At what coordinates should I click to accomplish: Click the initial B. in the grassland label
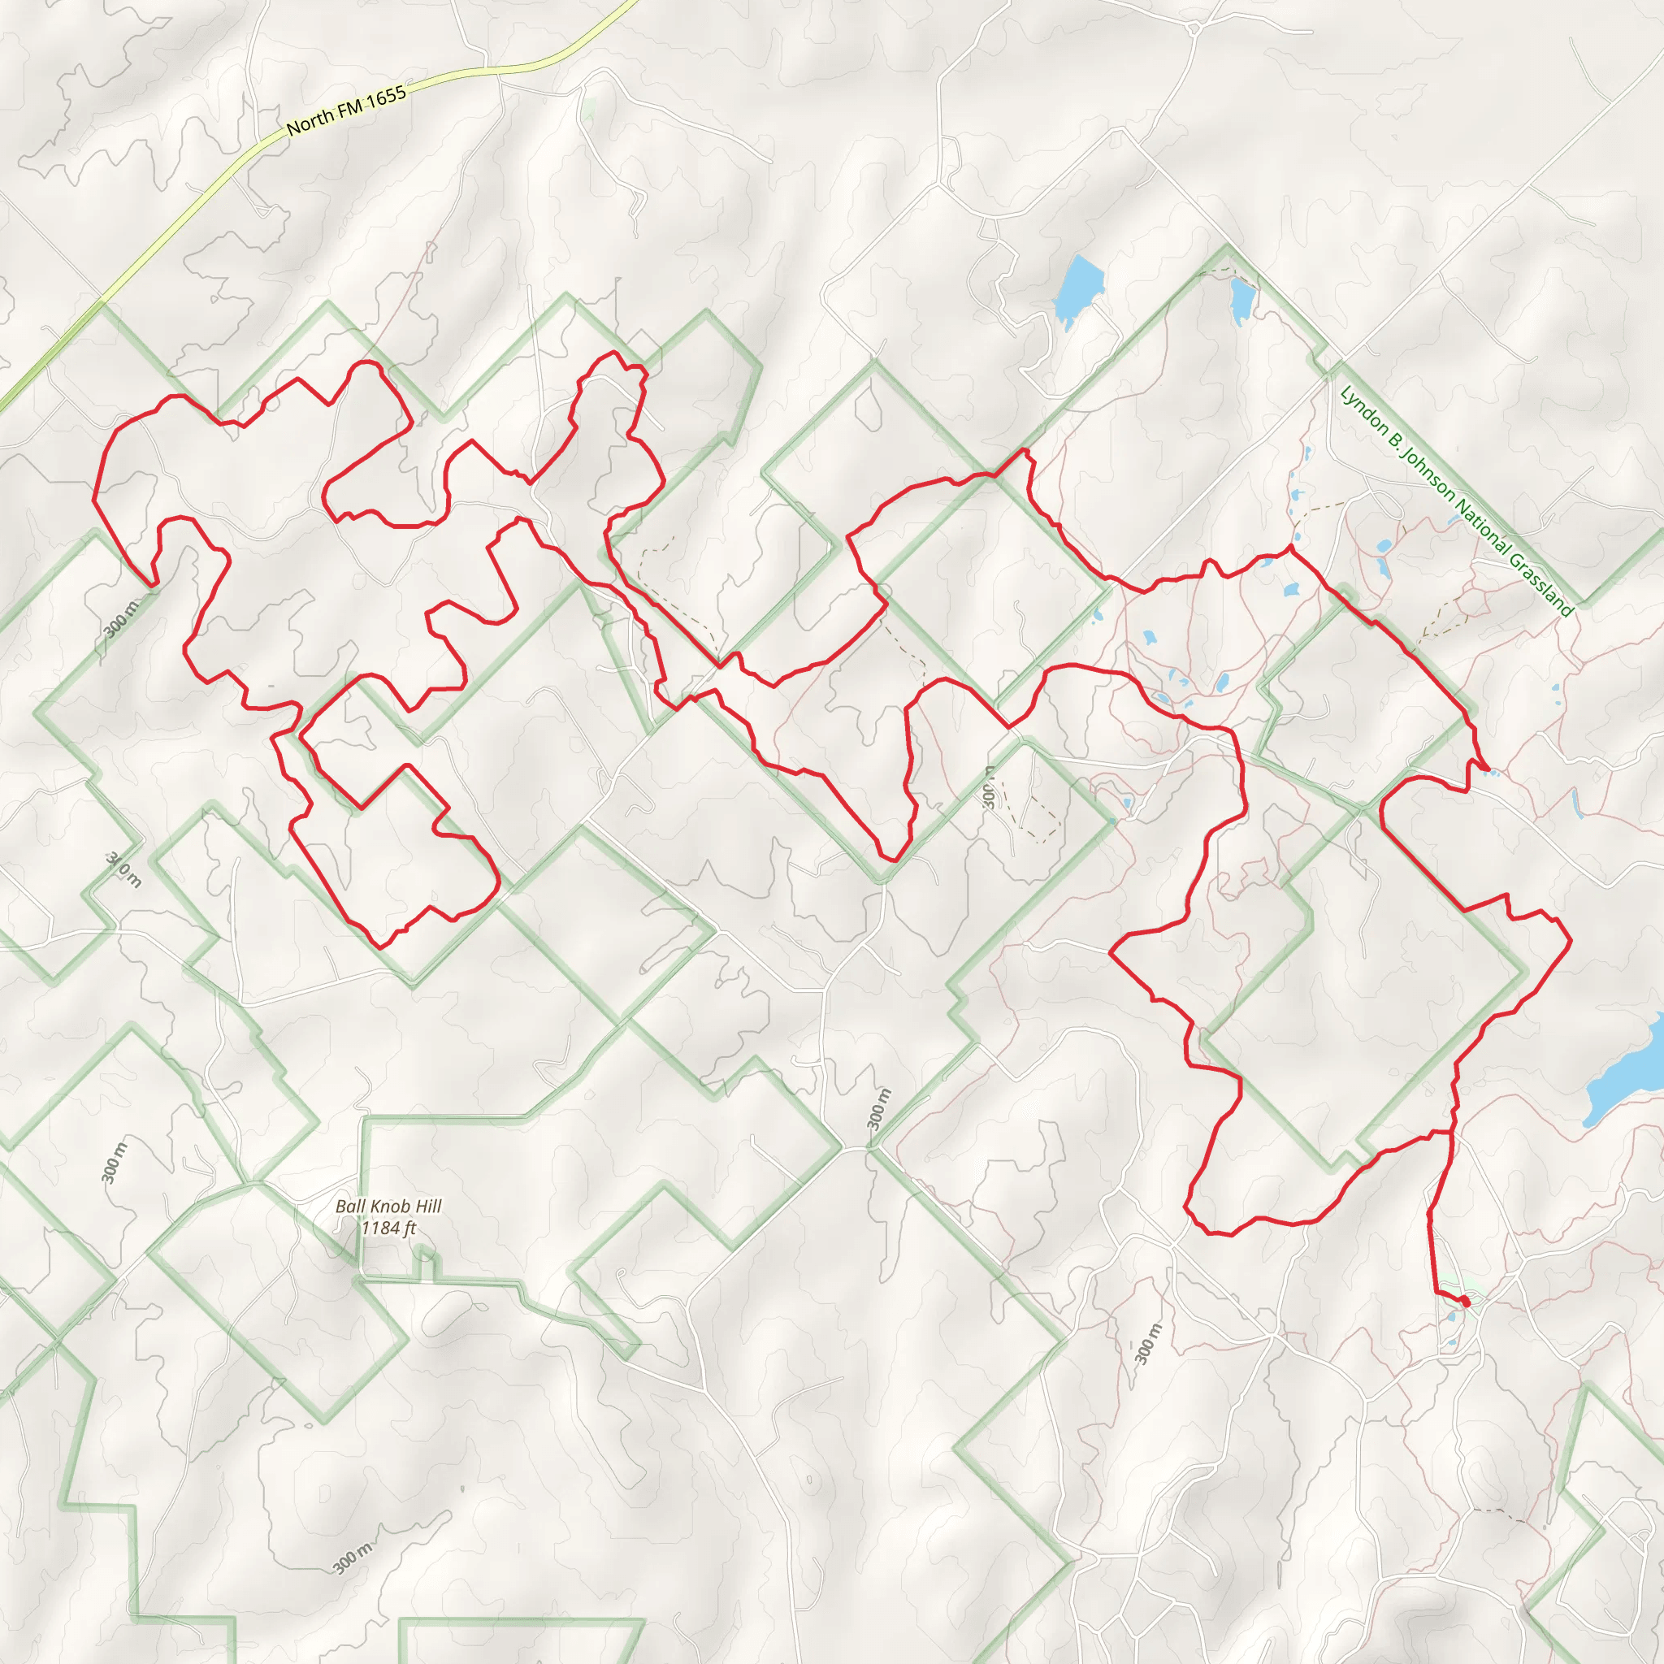pyautogui.click(x=1394, y=444)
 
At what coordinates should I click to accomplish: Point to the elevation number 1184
pyautogui.click(x=379, y=1228)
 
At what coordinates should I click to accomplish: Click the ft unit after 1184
pyautogui.click(x=410, y=1228)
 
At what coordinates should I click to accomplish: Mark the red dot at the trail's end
pyautogui.click(x=1465, y=1300)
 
